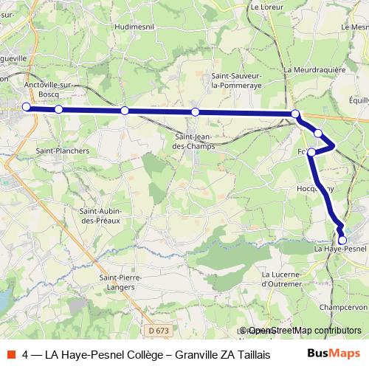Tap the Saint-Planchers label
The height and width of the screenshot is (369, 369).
tap(63, 151)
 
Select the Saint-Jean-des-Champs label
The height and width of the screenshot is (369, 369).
tap(195, 141)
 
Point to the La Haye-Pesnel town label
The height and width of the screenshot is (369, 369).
tap(340, 249)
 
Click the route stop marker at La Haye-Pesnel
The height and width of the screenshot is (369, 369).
tap(342, 240)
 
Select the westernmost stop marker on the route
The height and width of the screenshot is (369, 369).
tap(27, 107)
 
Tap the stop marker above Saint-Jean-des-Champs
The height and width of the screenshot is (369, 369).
tap(195, 111)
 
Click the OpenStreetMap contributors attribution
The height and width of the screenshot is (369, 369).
tap(300, 331)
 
